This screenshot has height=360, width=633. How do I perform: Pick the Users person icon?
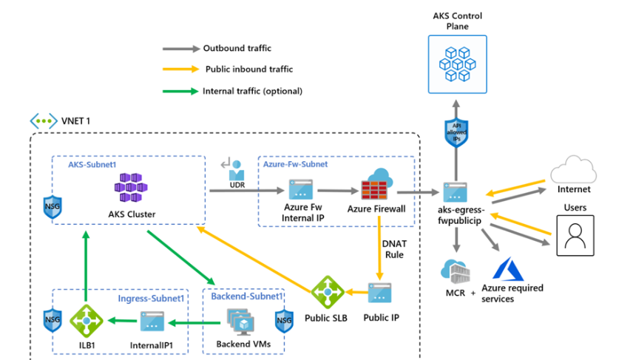[x=575, y=235]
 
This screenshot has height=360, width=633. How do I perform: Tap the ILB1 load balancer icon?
[x=85, y=320]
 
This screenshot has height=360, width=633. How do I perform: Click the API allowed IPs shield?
[x=456, y=131]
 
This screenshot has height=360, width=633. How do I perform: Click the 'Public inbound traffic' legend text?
[x=249, y=69]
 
